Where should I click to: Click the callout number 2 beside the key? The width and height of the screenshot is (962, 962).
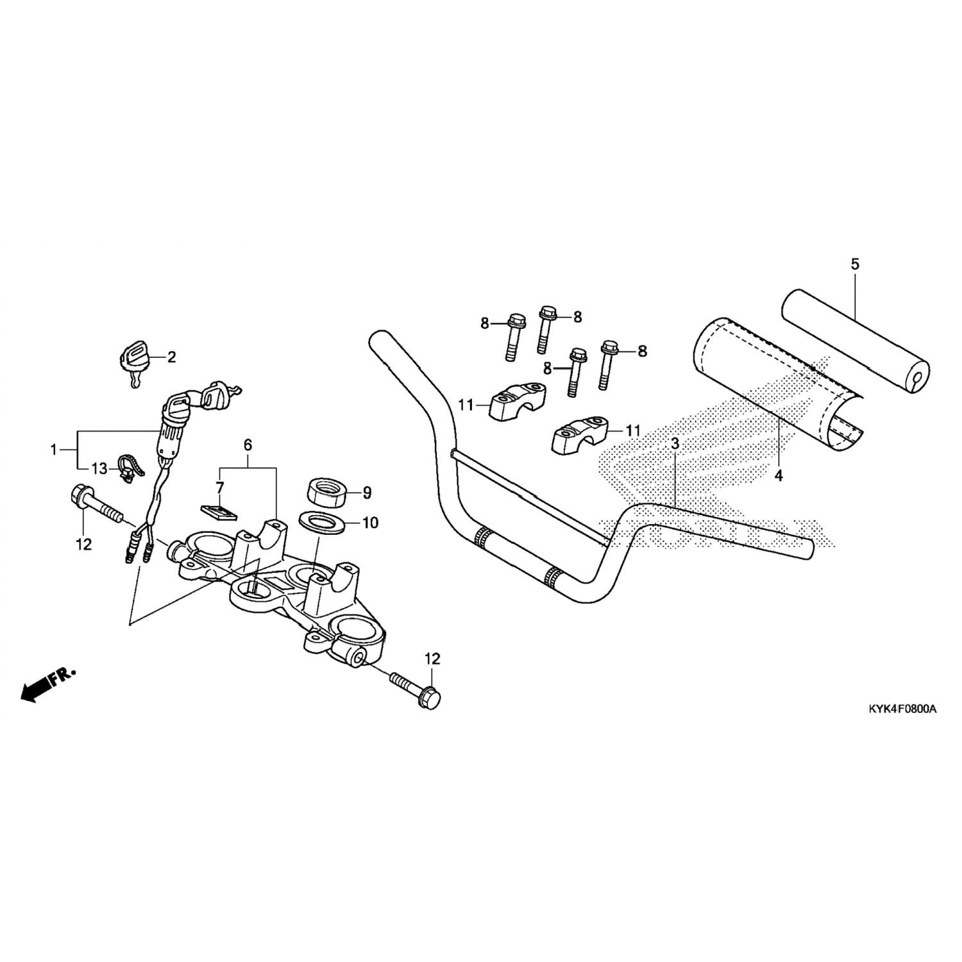171,357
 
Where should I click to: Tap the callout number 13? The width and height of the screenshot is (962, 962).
99,469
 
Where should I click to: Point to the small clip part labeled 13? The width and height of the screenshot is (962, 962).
127,468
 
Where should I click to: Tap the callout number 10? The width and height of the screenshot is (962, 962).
371,523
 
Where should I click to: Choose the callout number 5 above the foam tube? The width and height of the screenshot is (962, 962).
855,264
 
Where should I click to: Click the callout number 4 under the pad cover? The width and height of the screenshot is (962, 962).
779,475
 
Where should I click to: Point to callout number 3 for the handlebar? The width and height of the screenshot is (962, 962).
675,443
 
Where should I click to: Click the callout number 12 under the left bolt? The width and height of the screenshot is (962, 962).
84,544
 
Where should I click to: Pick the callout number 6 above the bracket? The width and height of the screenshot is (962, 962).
248,444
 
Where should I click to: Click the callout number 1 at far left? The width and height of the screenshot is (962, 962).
54,450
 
